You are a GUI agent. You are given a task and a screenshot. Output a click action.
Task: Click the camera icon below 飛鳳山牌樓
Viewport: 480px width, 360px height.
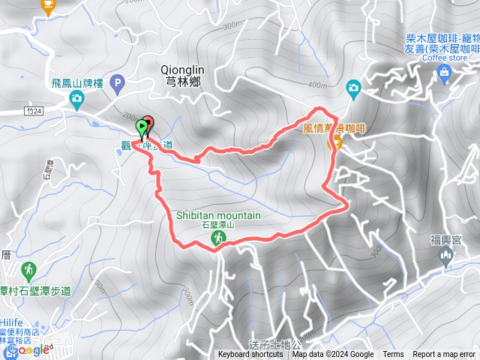click(76, 98)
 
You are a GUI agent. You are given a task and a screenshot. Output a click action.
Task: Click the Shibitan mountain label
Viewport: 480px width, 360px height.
click(218, 215)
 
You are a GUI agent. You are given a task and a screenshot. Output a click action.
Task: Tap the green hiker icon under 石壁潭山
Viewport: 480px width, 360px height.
click(217, 238)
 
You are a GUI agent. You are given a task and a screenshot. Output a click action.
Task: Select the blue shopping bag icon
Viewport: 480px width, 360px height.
click(444, 73)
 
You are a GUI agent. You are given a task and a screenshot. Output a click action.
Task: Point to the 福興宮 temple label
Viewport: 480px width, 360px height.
click(445, 240)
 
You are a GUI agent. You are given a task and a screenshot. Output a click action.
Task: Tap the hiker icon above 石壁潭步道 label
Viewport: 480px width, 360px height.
click(28, 268)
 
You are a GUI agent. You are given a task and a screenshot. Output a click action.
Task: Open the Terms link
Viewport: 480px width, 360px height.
click(393, 355)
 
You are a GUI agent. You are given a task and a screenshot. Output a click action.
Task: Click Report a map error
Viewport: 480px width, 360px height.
click(444, 355)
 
